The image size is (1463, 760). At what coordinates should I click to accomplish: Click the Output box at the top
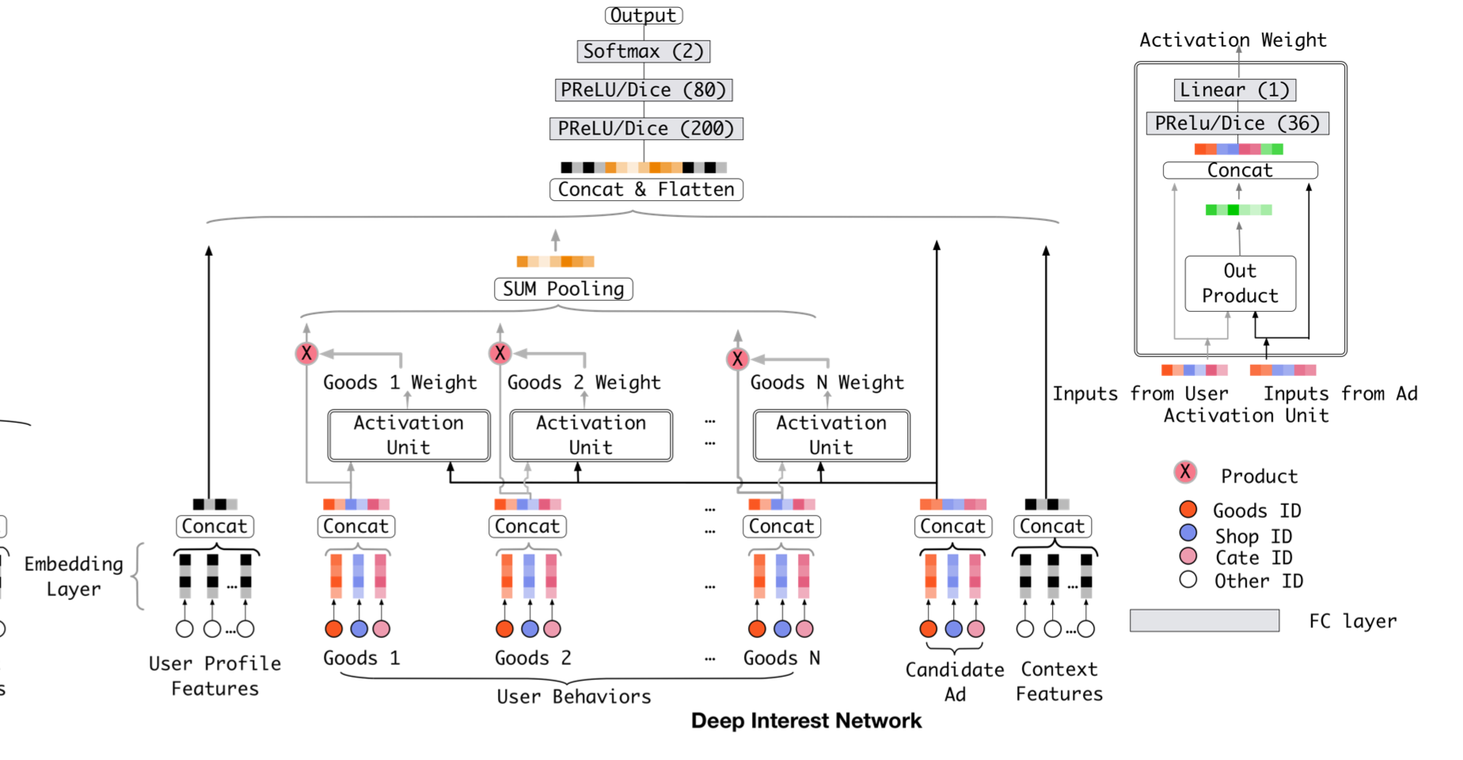[x=644, y=15]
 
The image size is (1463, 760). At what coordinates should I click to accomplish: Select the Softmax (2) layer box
[x=644, y=51]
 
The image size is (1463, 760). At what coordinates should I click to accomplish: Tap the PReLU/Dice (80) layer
[x=644, y=90]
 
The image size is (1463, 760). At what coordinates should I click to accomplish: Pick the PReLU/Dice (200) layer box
[x=646, y=128]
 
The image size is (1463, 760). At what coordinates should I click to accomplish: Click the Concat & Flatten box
[x=646, y=189]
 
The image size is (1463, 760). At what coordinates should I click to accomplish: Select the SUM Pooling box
[x=563, y=289]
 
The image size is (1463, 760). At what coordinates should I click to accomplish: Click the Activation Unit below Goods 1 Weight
[x=408, y=435]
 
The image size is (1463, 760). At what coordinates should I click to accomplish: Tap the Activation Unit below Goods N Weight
[x=831, y=435]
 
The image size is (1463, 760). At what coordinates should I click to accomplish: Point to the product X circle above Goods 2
[x=500, y=353]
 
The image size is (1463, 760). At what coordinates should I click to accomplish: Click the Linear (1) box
[x=1234, y=90]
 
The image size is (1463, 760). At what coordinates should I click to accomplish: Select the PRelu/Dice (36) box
[x=1237, y=123]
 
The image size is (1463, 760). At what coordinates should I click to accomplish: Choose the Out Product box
[x=1240, y=283]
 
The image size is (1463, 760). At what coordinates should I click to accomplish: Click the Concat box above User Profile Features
[x=215, y=526]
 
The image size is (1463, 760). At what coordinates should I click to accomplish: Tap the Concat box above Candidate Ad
[x=953, y=526]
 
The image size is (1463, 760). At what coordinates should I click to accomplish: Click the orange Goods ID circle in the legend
[x=1187, y=509]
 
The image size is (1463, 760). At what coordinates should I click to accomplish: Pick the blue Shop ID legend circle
[x=1187, y=533]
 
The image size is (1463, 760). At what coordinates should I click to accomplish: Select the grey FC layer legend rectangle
[x=1204, y=621]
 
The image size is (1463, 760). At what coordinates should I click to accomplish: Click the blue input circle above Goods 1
[x=359, y=629]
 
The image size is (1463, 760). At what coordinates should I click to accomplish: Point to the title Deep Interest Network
[x=806, y=720]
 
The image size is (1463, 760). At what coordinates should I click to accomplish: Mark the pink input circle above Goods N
[x=804, y=629]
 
